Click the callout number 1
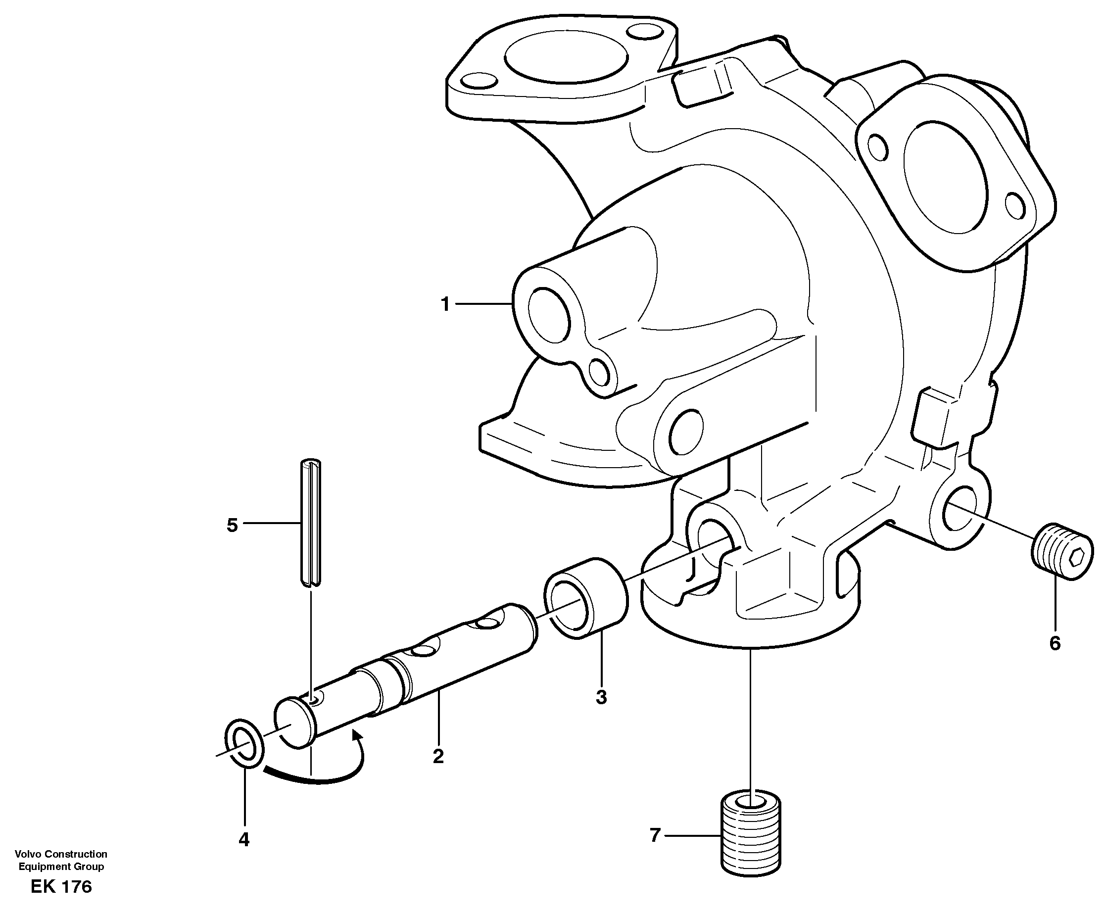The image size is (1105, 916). point(445,305)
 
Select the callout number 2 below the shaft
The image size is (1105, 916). point(438,757)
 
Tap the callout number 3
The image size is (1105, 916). point(601,697)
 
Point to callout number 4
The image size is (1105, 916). point(243,840)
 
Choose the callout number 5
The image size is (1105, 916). point(232,525)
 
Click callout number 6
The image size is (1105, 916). point(1055,643)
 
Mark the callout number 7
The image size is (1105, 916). point(655,835)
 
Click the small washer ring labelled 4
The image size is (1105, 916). point(244,743)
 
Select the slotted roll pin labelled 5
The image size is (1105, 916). point(310,522)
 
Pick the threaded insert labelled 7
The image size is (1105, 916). point(750,836)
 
